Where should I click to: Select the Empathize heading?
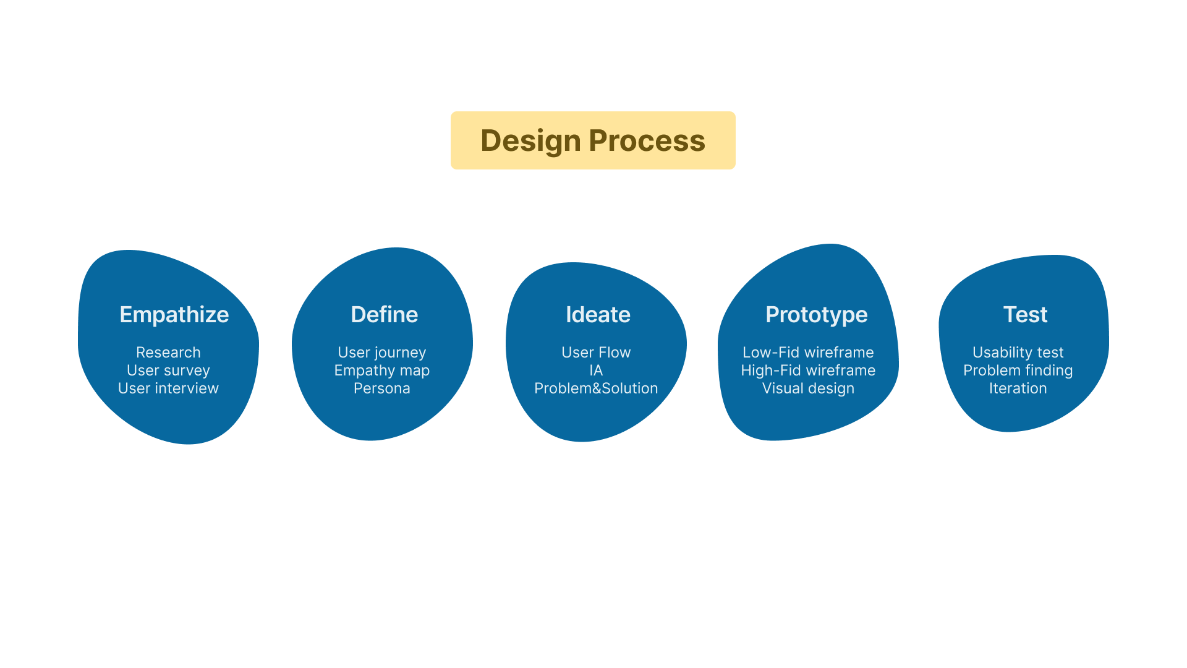point(174,315)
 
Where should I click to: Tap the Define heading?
point(385,314)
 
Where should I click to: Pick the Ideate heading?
point(598,314)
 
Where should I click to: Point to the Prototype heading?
point(817,315)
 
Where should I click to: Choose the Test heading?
point(1025,314)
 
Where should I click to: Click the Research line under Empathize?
point(168,352)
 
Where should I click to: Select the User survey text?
point(168,370)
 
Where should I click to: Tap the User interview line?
point(168,388)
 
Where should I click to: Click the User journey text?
point(382,353)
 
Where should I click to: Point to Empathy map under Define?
point(382,370)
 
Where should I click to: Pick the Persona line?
point(382,388)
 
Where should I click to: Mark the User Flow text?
point(596,352)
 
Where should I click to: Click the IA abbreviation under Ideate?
point(596,370)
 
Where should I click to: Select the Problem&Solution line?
point(596,388)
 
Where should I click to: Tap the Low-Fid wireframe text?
point(808,352)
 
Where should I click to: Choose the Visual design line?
point(808,388)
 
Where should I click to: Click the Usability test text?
point(1018,353)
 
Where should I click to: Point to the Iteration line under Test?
point(1018,388)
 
